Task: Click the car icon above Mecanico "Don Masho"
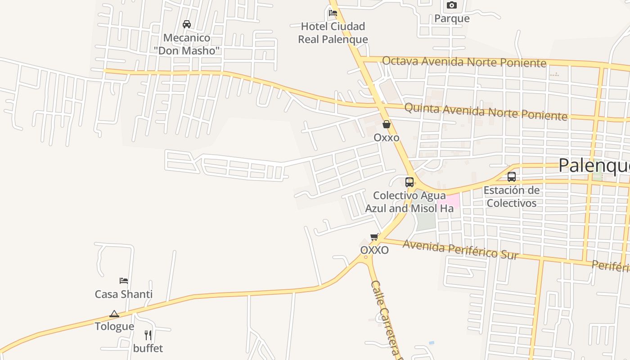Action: pyautogui.click(x=186, y=24)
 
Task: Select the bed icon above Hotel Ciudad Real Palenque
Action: pyautogui.click(x=333, y=13)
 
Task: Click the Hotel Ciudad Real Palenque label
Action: pyautogui.click(x=333, y=33)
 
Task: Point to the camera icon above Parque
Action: pyautogui.click(x=452, y=5)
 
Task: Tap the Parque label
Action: pyautogui.click(x=452, y=18)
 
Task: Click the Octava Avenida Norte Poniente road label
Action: pyautogui.click(x=464, y=62)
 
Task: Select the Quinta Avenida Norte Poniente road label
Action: pyautogui.click(x=486, y=112)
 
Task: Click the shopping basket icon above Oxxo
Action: pyautogui.click(x=387, y=125)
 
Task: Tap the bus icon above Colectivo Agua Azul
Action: pyautogui.click(x=409, y=182)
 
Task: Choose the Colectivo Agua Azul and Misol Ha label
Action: pyautogui.click(x=409, y=202)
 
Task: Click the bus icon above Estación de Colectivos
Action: pyautogui.click(x=512, y=177)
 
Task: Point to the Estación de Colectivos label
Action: pyautogui.click(x=512, y=197)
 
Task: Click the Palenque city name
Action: pyautogui.click(x=594, y=166)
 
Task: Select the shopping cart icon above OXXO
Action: pyautogui.click(x=374, y=237)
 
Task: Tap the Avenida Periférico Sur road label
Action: pyautogui.click(x=460, y=250)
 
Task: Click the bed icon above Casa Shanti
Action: pyautogui.click(x=124, y=281)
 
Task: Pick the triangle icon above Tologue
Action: pyautogui.click(x=114, y=314)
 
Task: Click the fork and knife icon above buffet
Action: pyautogui.click(x=148, y=335)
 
